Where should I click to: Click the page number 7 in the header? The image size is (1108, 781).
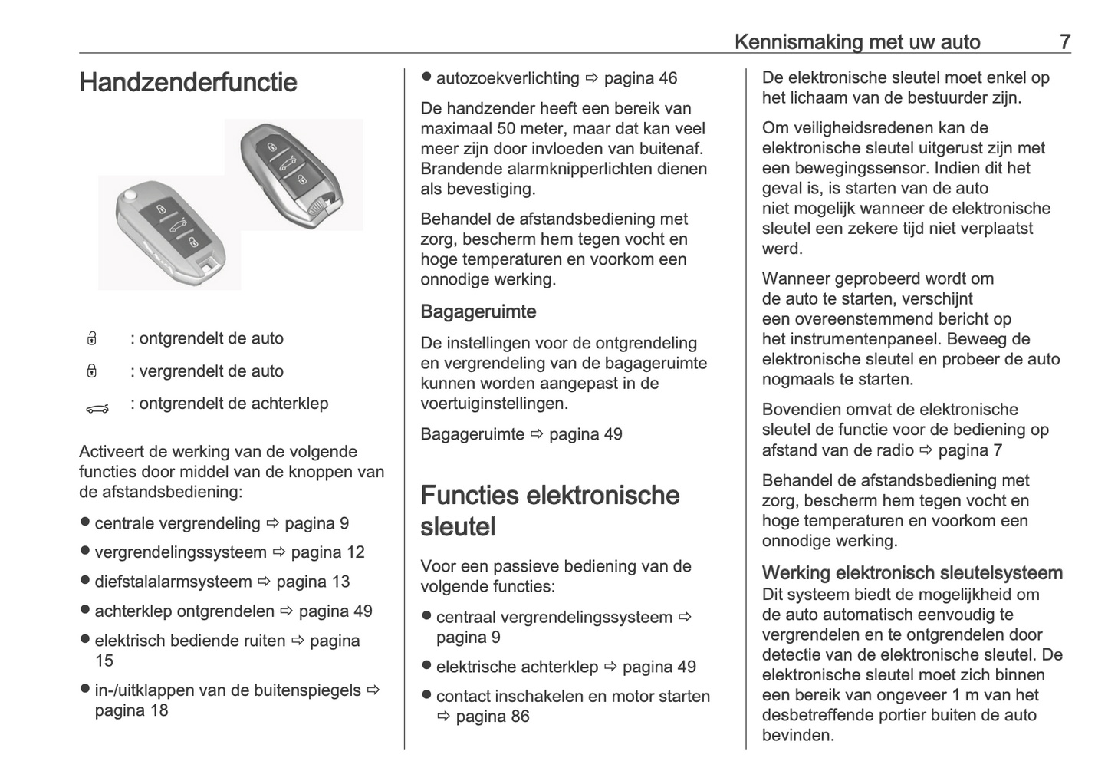tap(1064, 41)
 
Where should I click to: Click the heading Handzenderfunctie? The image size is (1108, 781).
tap(188, 83)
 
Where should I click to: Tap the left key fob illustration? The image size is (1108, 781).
tap(170, 232)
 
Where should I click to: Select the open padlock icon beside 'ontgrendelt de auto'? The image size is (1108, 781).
tap(91, 339)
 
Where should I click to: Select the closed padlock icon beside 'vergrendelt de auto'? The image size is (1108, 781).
tap(91, 372)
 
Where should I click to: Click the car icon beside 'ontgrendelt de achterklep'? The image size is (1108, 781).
tap(97, 409)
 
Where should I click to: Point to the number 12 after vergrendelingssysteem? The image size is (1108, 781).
tap(355, 552)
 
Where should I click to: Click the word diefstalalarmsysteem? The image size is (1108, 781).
tap(173, 582)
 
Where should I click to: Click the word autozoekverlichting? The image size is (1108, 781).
tap(508, 78)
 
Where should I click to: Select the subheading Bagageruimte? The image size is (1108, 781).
tap(478, 311)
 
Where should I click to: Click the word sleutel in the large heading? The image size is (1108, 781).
tap(458, 527)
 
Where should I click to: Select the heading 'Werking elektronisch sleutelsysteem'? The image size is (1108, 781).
tap(912, 573)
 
